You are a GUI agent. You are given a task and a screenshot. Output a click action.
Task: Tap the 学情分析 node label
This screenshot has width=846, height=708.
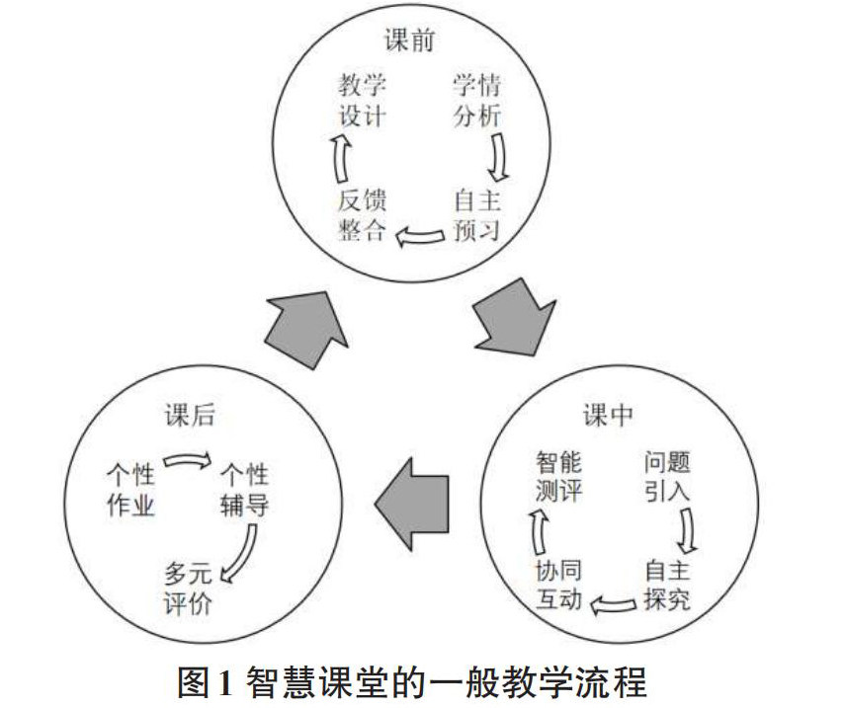477,100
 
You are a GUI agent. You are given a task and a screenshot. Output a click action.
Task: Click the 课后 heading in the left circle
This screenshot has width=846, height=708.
185,416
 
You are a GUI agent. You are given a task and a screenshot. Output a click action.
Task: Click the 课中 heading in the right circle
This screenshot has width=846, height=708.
607,416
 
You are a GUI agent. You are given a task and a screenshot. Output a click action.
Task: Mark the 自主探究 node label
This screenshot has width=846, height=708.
667,585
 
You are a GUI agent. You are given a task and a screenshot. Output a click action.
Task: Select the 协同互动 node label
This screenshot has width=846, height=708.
558,585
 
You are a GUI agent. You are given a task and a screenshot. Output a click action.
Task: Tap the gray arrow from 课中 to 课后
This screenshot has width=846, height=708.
406,505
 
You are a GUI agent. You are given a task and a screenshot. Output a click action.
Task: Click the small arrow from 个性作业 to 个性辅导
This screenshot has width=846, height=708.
187,461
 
